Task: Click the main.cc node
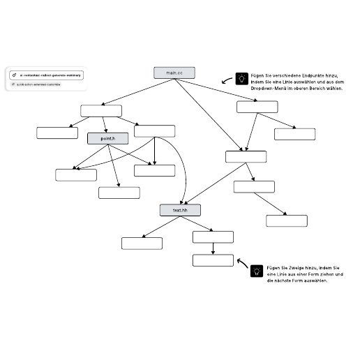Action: pos(174,73)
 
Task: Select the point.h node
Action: pos(107,139)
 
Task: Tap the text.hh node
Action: pos(179,209)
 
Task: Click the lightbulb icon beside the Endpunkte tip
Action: pos(241,79)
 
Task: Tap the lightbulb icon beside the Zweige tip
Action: pos(256,271)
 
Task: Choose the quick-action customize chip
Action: pos(36,84)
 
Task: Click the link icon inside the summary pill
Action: pos(15,75)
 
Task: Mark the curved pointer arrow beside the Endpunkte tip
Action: pos(227,81)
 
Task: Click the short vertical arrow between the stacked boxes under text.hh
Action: pos(213,248)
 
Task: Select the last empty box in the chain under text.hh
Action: pos(213,260)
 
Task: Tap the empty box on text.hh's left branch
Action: pos(142,243)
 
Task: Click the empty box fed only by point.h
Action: pos(119,193)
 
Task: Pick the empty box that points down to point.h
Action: pos(101,110)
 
